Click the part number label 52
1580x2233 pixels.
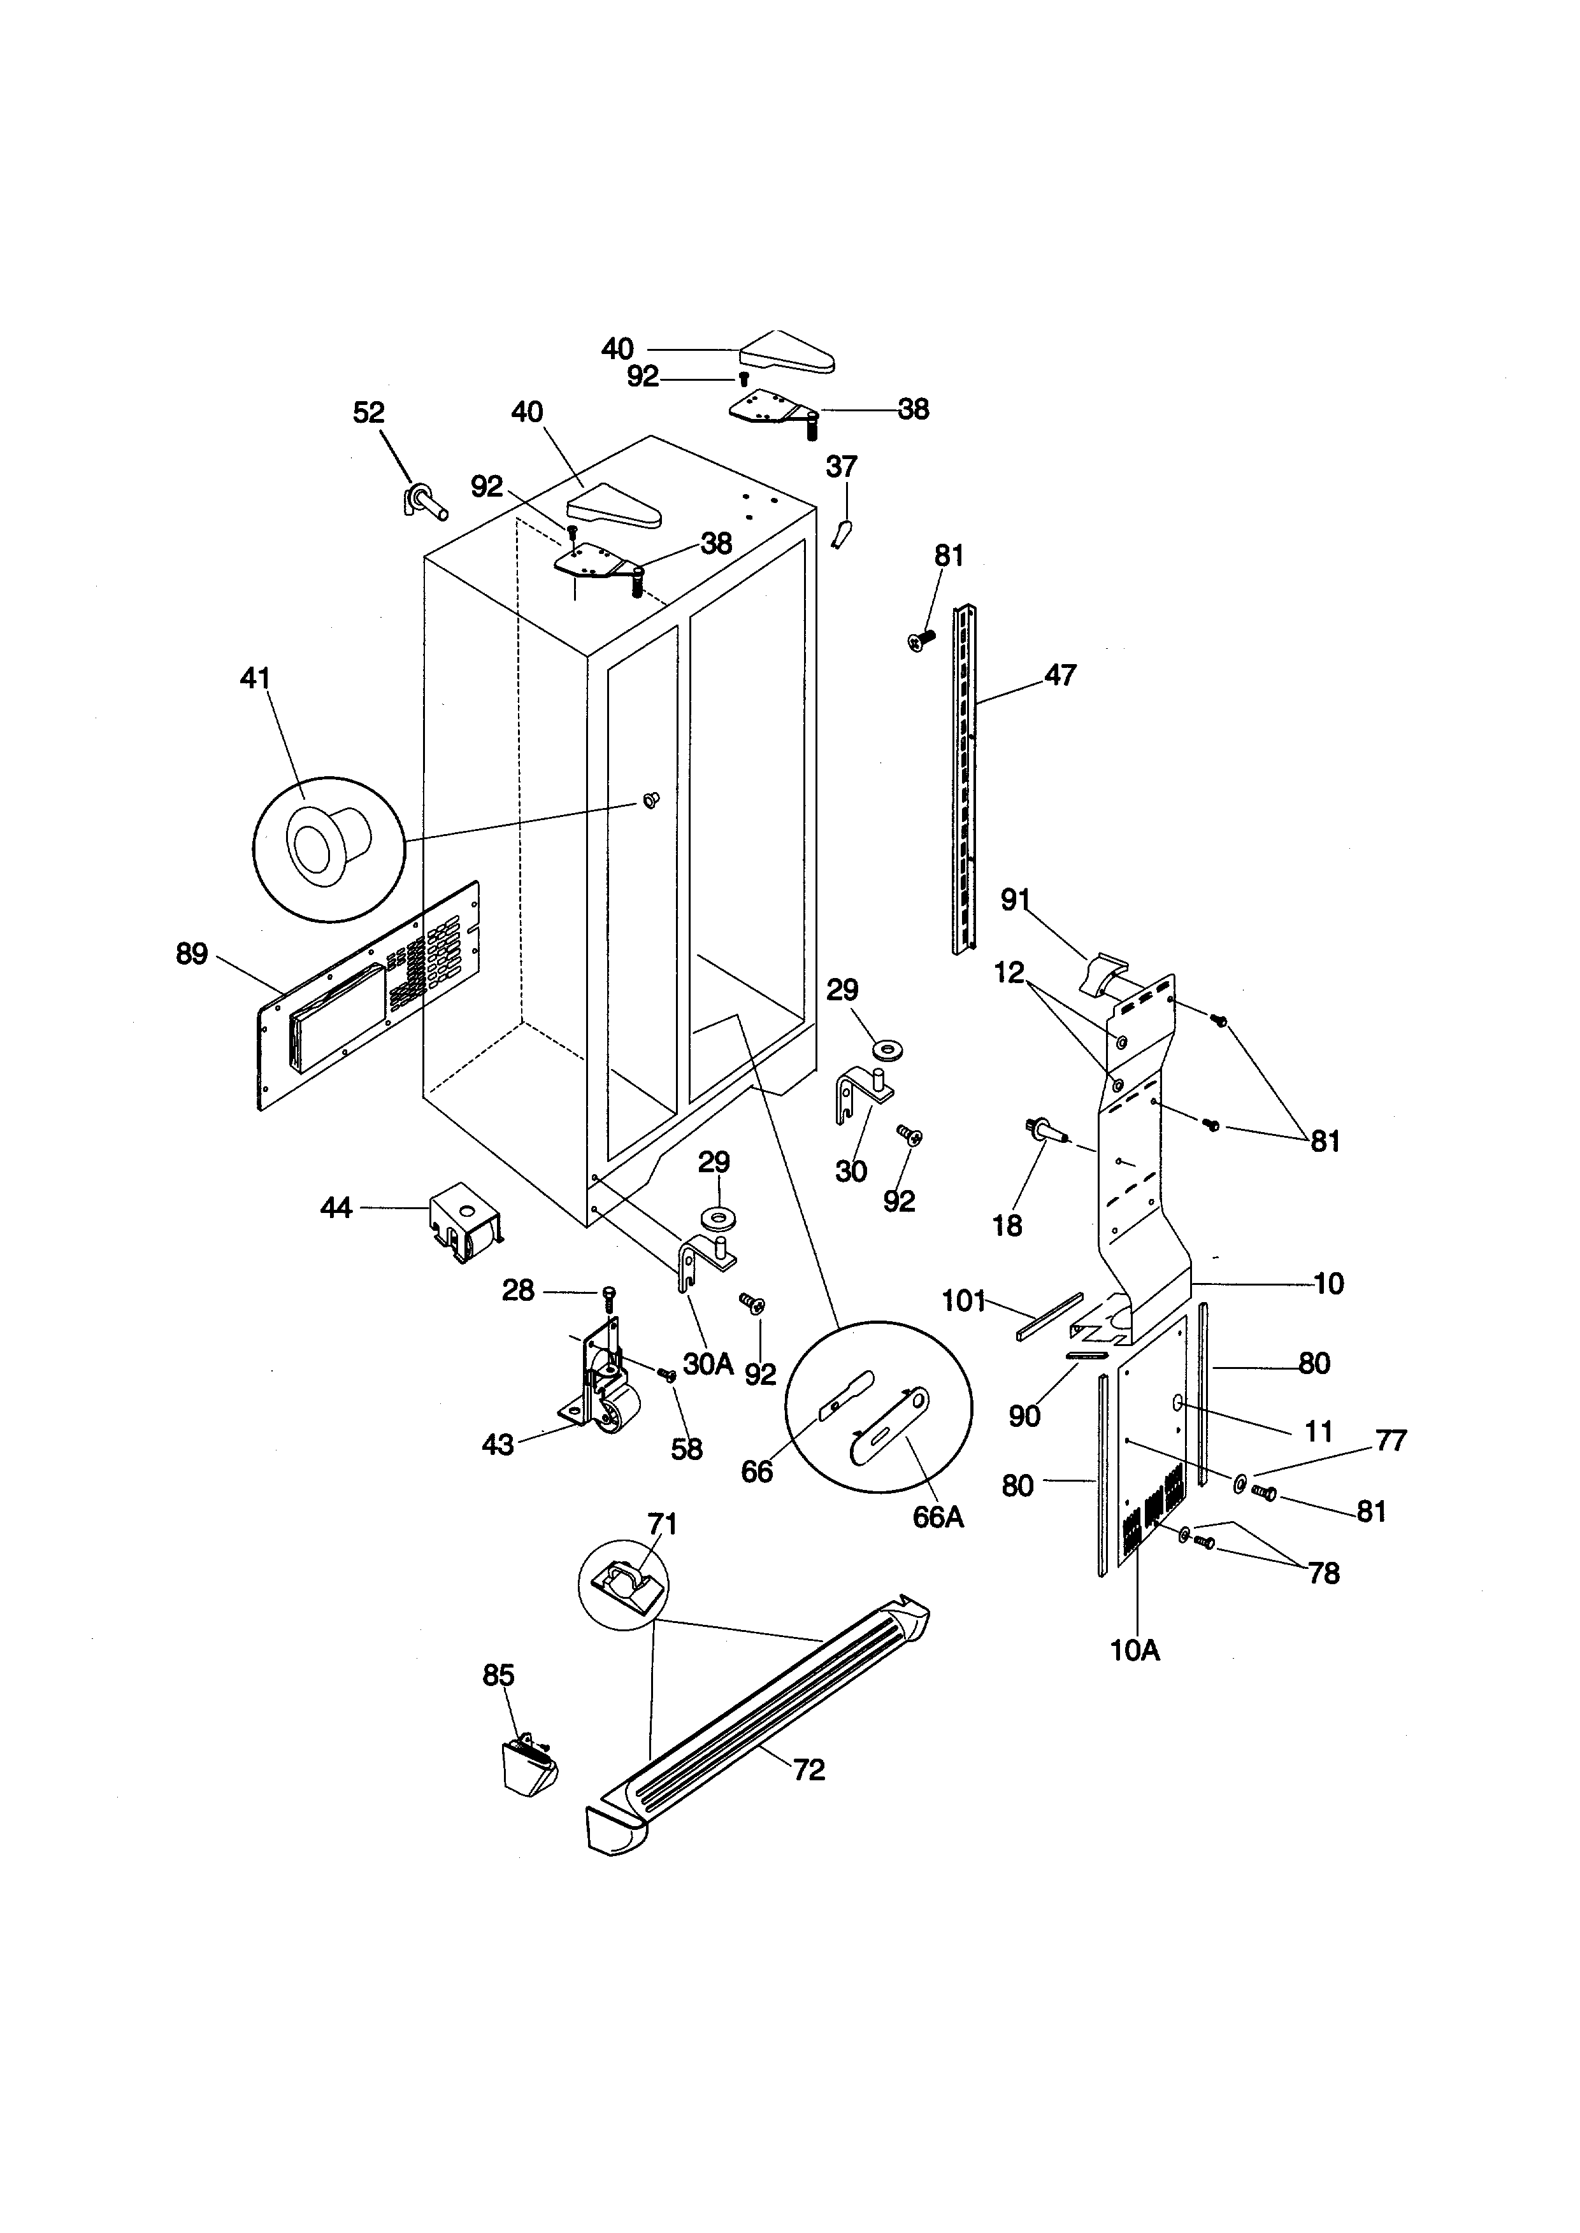tap(369, 413)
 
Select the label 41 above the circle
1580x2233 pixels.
tap(256, 678)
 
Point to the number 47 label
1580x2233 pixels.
tap(1061, 675)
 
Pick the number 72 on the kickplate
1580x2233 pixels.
tap(808, 1769)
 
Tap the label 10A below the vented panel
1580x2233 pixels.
tap(1135, 1650)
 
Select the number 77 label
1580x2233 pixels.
tap(1390, 1440)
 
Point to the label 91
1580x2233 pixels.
tap(1016, 900)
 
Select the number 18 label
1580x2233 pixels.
tap(1007, 1226)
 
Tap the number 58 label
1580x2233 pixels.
tap(687, 1449)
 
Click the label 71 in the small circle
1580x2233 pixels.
tap(663, 1523)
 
